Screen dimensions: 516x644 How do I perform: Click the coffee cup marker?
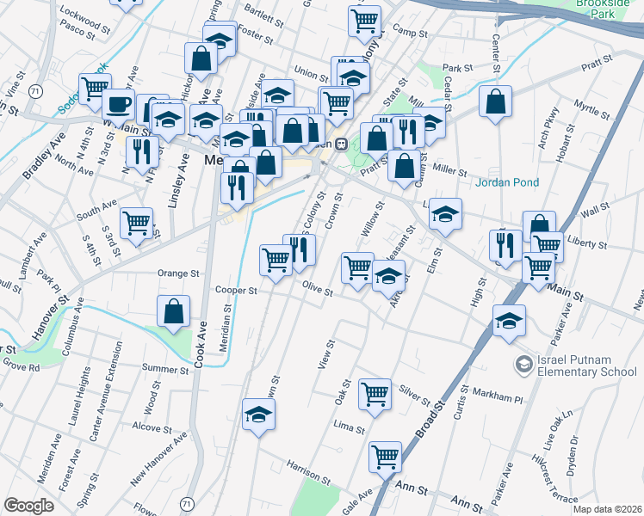tap(117, 105)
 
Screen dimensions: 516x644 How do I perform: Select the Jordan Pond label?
tap(508, 182)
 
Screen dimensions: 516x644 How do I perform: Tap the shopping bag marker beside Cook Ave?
tap(174, 313)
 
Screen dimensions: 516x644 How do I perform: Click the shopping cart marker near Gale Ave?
tap(385, 457)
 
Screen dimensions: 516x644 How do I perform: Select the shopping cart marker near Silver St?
tap(375, 395)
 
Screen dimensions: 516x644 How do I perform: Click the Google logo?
tap(29, 506)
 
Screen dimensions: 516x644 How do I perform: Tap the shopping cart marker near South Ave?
tap(136, 224)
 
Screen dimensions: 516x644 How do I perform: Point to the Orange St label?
tap(178, 273)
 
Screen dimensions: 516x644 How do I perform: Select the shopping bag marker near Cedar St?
tap(496, 101)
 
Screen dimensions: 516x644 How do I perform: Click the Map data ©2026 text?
tap(607, 509)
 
